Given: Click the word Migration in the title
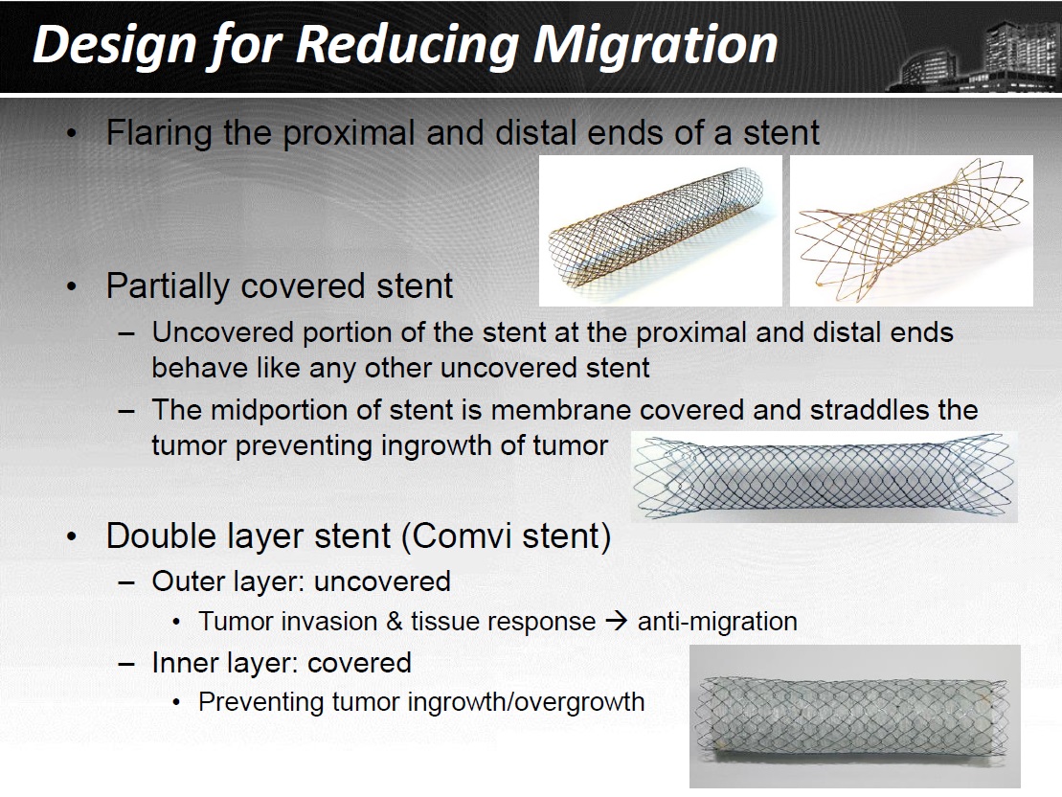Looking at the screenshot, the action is [x=655, y=45].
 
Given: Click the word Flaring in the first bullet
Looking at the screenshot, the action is [x=159, y=133].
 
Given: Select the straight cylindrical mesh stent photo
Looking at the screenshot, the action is [x=661, y=231].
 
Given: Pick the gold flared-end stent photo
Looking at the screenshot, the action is [x=912, y=231].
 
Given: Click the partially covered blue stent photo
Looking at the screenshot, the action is [x=825, y=477].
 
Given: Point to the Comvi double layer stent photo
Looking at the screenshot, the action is [x=855, y=716].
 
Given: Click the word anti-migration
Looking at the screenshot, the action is [x=717, y=622].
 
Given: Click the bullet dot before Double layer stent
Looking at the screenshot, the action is [x=72, y=536].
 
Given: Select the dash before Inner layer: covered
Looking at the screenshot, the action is [x=126, y=664].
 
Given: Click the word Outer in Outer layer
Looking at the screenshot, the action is [x=189, y=581].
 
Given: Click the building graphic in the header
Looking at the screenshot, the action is [x=975, y=56].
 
